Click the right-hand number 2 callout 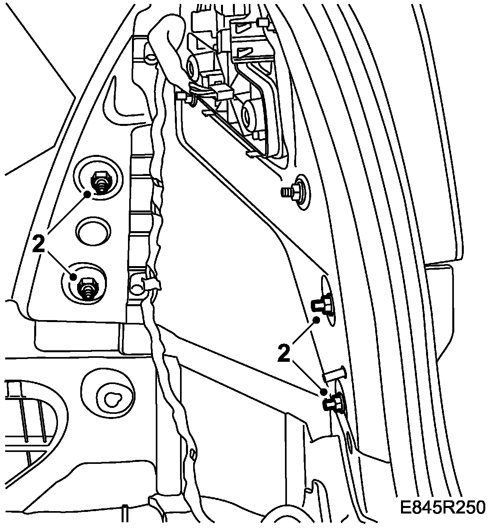click(x=284, y=353)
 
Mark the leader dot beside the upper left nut click(x=87, y=194)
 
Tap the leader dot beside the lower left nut click(x=74, y=277)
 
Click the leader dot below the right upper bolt click(x=317, y=320)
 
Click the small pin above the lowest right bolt click(x=335, y=374)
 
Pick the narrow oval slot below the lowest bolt click(x=349, y=441)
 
